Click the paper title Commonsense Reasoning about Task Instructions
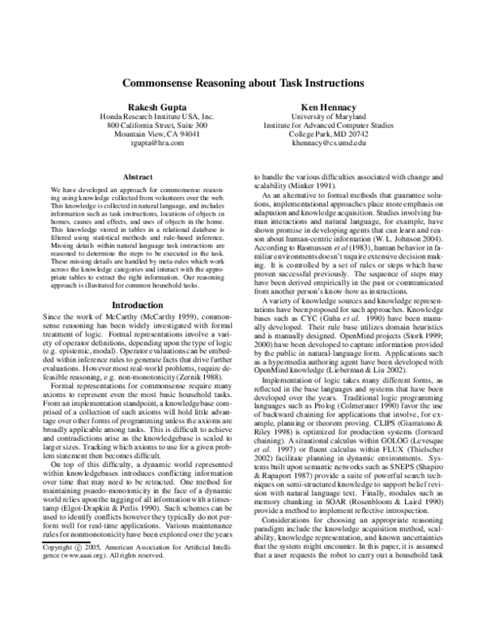click(x=243, y=83)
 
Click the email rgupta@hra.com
click(x=156, y=141)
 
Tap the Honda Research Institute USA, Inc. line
click(x=156, y=118)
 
